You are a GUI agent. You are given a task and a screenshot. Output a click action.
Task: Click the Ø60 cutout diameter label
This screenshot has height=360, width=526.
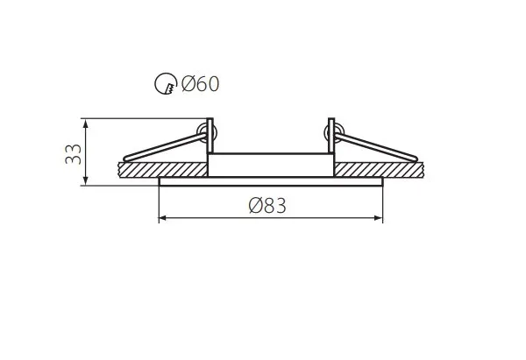(200, 84)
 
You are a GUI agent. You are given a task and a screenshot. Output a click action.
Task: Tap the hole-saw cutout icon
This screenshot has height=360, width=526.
(166, 83)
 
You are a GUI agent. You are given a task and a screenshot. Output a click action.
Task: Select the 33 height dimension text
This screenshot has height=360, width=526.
(73, 154)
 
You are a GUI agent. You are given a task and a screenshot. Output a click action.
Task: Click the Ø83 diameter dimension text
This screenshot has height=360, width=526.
(267, 206)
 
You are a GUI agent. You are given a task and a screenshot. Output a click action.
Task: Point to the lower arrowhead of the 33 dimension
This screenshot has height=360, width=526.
(86, 180)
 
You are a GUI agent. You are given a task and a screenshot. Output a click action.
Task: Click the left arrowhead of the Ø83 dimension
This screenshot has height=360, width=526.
(163, 218)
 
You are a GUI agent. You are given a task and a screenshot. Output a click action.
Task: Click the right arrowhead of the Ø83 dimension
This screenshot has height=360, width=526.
(378, 218)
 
